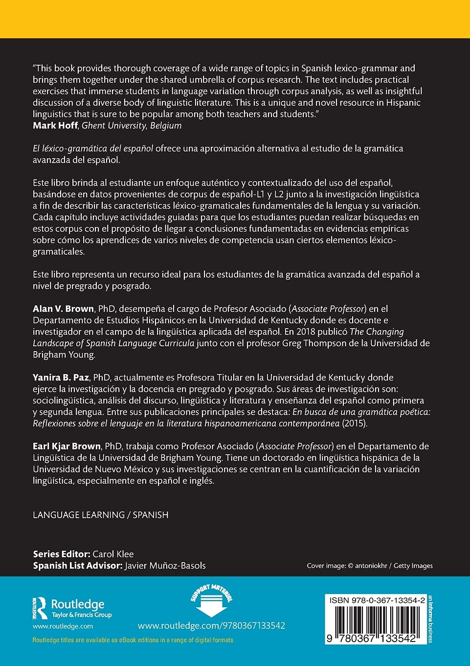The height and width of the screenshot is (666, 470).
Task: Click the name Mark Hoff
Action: click(55, 125)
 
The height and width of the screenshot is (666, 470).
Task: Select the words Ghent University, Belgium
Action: click(132, 125)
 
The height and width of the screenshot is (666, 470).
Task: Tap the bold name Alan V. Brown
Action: click(63, 309)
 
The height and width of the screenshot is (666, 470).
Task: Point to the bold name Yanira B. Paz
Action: click(61, 377)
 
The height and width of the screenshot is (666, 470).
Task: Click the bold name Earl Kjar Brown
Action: click(67, 446)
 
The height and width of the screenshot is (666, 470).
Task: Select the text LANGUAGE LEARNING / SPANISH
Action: click(100, 515)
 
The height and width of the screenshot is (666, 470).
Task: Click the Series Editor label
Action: click(61, 554)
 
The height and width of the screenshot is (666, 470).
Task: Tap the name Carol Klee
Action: click(113, 554)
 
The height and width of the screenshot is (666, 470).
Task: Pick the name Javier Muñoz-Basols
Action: click(165, 566)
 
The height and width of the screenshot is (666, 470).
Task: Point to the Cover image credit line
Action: click(369, 566)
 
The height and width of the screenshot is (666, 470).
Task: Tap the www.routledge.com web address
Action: click(63, 626)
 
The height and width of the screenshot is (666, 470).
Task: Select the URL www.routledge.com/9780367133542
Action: click(211, 625)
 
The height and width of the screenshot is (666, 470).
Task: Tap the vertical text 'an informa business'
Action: click(430, 619)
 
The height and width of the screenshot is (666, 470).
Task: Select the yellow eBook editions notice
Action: click(133, 640)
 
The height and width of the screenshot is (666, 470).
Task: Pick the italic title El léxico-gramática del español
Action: click(93, 148)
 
